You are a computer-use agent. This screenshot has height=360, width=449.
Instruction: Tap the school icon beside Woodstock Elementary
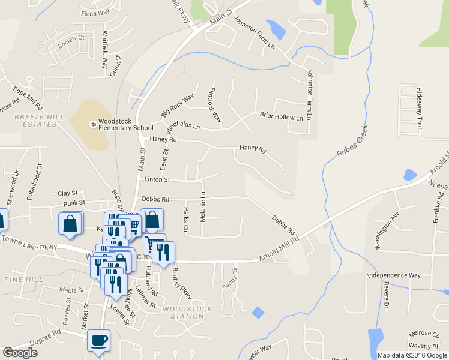point(92,124)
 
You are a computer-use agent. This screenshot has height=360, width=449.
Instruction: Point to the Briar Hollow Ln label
point(281,116)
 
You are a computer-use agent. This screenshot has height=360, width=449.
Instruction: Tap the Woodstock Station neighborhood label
point(187,313)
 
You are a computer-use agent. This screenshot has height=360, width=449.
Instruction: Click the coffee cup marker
point(99,341)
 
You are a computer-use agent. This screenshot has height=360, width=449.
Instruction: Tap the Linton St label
point(157,180)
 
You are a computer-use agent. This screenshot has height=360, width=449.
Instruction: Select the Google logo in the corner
point(20,353)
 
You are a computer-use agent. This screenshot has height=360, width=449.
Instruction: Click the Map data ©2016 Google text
point(412,355)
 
